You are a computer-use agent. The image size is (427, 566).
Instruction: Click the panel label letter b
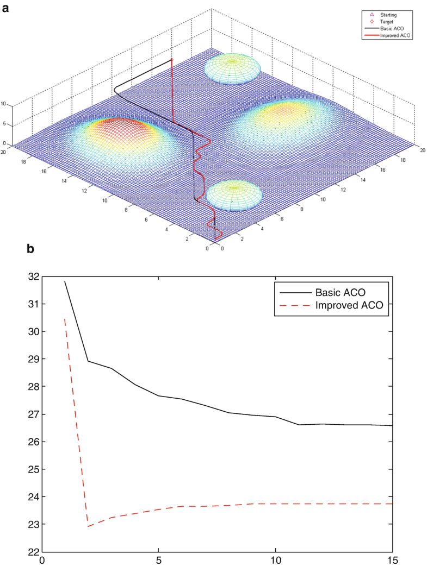pyautogui.click(x=31, y=249)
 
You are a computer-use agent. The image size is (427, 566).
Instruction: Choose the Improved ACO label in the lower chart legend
pyautogui.click(x=349, y=306)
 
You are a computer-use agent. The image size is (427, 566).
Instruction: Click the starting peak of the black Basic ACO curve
pyautogui.click(x=65, y=281)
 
